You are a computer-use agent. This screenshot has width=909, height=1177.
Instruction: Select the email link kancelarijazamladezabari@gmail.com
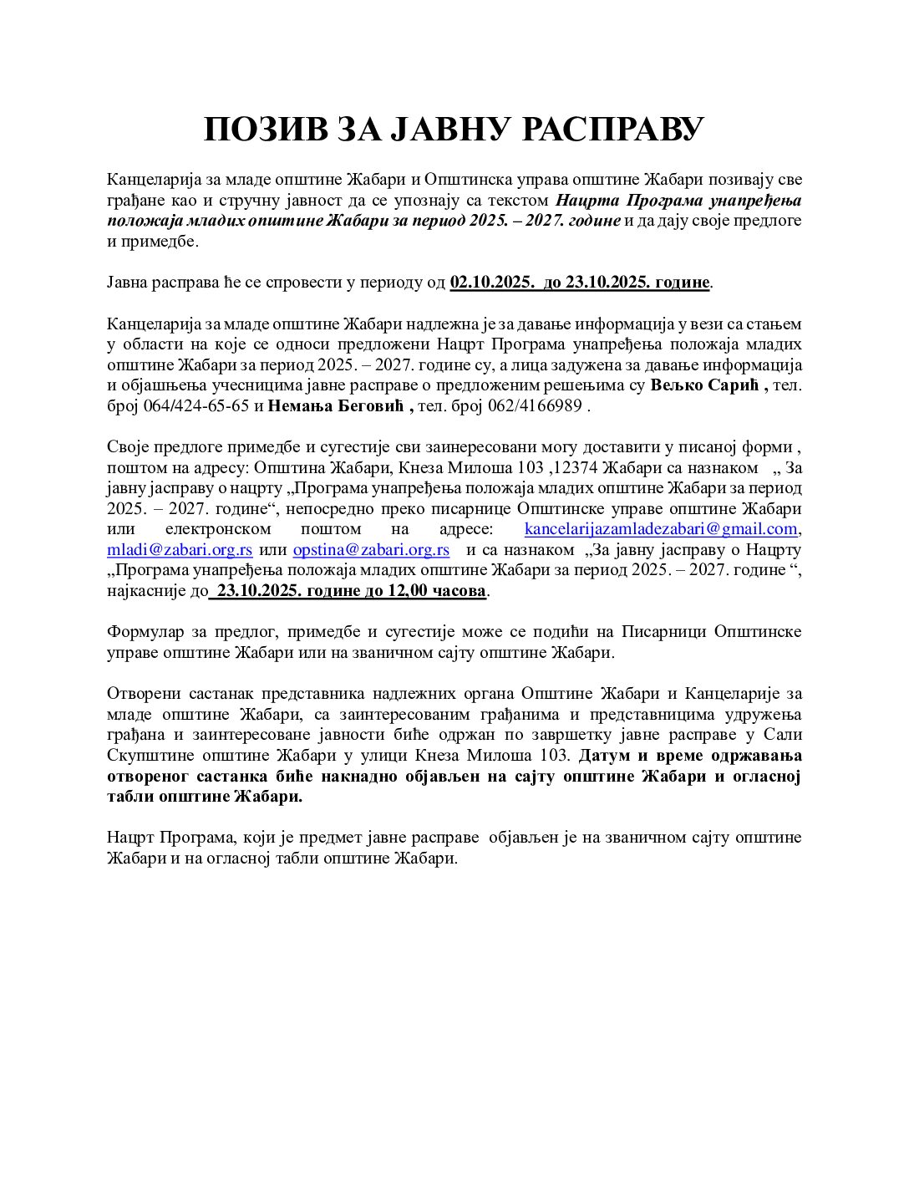pyautogui.click(x=660, y=529)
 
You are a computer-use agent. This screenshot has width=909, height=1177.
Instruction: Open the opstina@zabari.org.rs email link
pyautogui.click(x=371, y=550)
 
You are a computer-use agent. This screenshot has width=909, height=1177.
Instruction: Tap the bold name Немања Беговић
pyautogui.click(x=341, y=406)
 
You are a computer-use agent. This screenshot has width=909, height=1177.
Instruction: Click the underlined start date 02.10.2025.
pyautogui.click(x=491, y=283)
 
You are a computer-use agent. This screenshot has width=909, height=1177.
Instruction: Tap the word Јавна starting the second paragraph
pyautogui.click(x=127, y=283)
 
